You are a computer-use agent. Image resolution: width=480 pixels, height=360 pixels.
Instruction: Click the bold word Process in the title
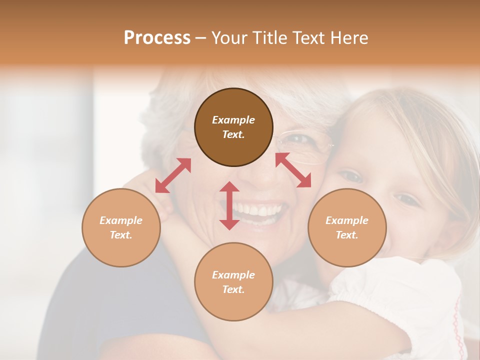click(157, 38)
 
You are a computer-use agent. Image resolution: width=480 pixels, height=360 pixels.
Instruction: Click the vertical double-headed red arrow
click(229, 205)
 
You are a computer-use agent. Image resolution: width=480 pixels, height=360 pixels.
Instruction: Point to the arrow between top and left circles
click(173, 175)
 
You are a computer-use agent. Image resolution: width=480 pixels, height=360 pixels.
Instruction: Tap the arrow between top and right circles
click(293, 170)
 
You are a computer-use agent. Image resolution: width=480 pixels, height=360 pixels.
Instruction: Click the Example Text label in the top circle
click(233, 127)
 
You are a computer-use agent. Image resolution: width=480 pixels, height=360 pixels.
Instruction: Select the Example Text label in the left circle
click(121, 227)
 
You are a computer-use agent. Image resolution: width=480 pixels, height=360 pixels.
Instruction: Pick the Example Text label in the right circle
click(347, 227)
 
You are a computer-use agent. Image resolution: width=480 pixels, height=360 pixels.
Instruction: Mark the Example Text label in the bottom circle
click(233, 282)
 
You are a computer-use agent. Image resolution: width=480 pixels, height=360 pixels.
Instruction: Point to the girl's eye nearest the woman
click(351, 176)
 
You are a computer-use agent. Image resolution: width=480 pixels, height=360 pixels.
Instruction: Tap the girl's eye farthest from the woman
click(407, 200)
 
